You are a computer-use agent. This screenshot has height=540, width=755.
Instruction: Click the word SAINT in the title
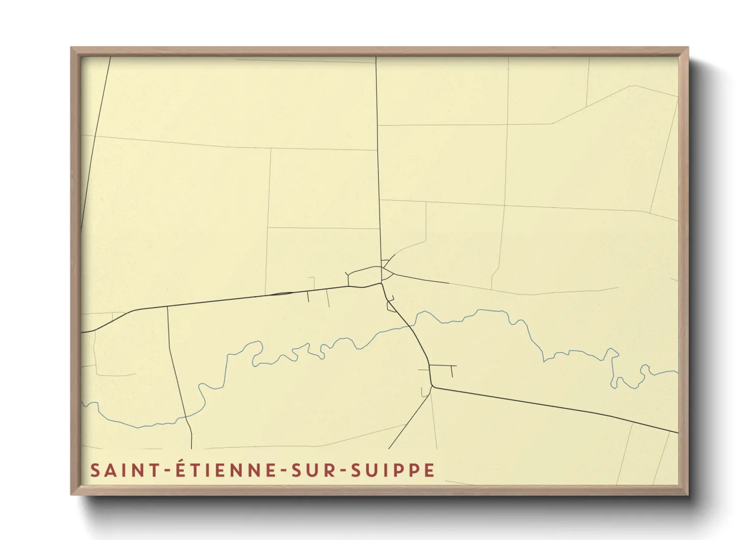(118, 470)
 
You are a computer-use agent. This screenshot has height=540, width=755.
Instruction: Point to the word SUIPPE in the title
(393, 470)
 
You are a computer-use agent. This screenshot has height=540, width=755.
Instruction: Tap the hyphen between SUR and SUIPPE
(342, 471)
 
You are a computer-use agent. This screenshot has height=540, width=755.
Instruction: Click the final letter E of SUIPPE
(430, 470)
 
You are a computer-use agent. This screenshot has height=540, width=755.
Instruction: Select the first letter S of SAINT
(94, 470)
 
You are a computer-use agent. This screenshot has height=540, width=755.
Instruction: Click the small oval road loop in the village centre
(364, 276)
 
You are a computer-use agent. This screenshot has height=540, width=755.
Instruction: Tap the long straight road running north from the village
(378, 153)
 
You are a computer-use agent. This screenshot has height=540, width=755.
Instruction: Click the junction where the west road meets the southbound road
(167, 307)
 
